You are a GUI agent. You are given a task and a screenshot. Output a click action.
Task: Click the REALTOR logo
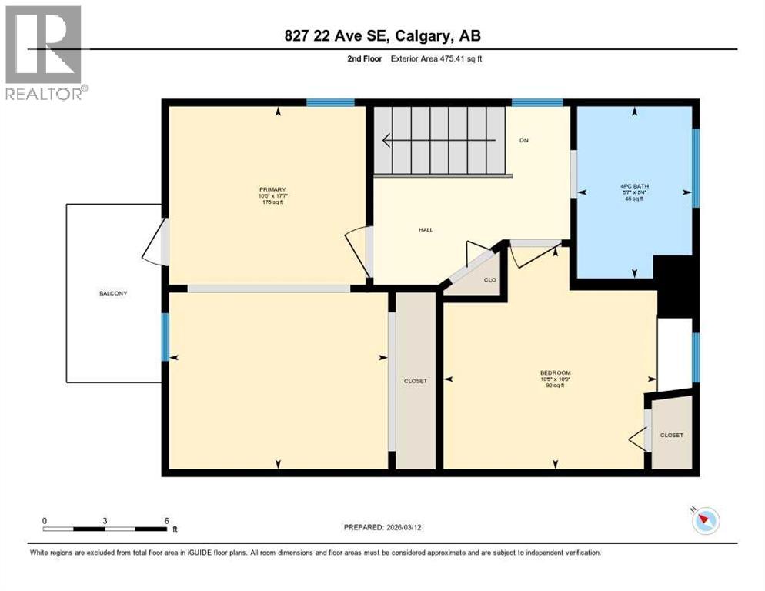45,52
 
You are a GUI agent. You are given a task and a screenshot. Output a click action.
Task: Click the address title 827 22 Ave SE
382,35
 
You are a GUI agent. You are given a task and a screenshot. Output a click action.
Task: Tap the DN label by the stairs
524,140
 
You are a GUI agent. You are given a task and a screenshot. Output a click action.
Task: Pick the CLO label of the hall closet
489,279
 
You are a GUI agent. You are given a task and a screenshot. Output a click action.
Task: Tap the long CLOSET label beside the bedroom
415,381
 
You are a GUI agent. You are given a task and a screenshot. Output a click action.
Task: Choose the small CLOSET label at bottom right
671,435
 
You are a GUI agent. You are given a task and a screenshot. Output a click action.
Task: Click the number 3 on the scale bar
104,520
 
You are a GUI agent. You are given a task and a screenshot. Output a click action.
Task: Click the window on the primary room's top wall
330,102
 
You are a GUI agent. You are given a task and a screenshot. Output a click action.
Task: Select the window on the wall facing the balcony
165,337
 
